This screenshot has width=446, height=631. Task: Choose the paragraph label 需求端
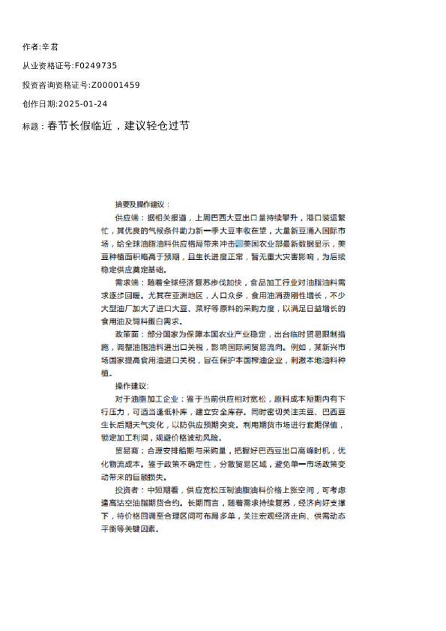tap(124, 283)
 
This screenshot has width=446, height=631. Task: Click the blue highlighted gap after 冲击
tap(238, 244)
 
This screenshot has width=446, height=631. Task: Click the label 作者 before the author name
tap(31, 46)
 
